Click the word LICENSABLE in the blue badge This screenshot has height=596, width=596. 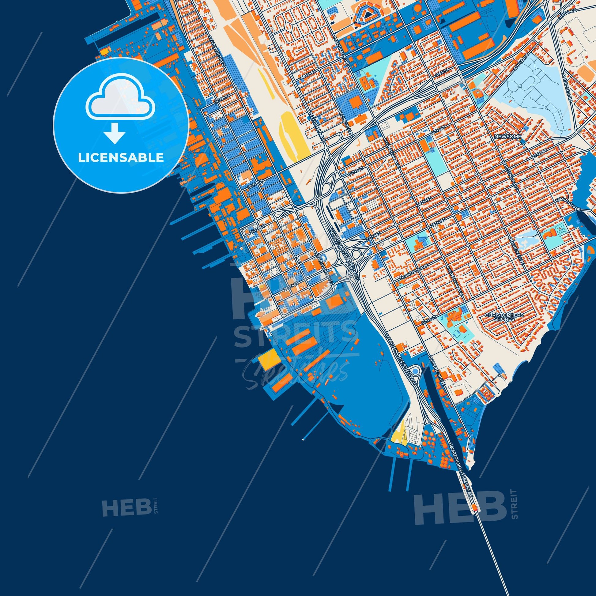[121, 158]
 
